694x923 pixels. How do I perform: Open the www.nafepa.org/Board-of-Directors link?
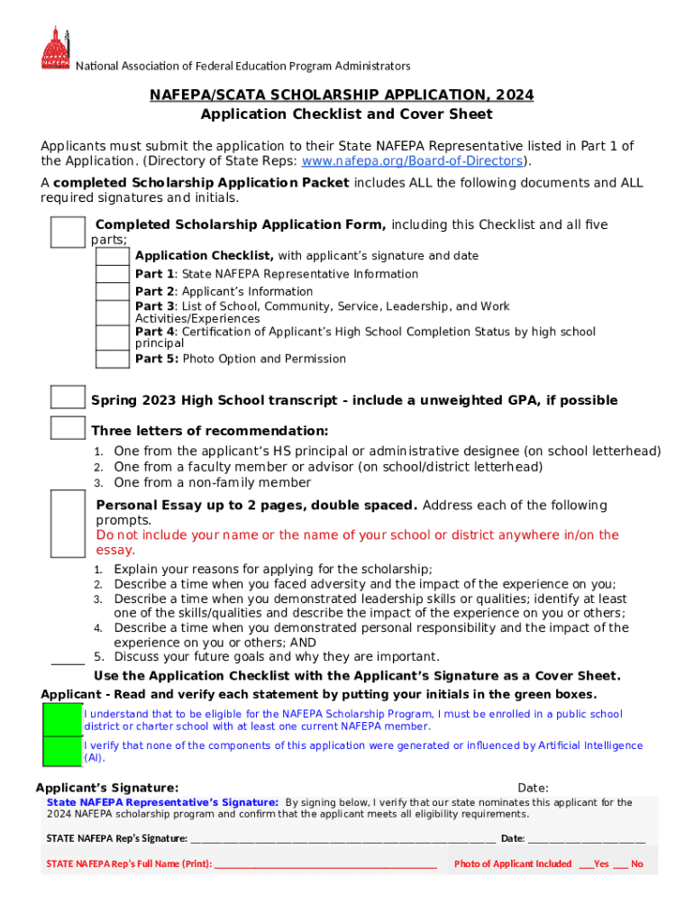pos(413,161)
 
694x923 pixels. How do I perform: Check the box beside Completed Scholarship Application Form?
pos(68,232)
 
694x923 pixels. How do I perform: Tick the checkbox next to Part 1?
pos(113,274)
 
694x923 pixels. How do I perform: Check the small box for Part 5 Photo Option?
pos(113,359)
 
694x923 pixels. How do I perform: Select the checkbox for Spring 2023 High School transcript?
pos(68,398)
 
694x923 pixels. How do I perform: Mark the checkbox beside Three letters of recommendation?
pos(68,428)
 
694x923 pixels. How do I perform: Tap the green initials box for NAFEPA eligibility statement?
pos(62,720)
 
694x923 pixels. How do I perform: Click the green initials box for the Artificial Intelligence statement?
pos(62,751)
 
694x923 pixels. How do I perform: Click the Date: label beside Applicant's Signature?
pos(533,788)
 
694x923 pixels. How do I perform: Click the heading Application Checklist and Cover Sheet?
pos(346,114)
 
